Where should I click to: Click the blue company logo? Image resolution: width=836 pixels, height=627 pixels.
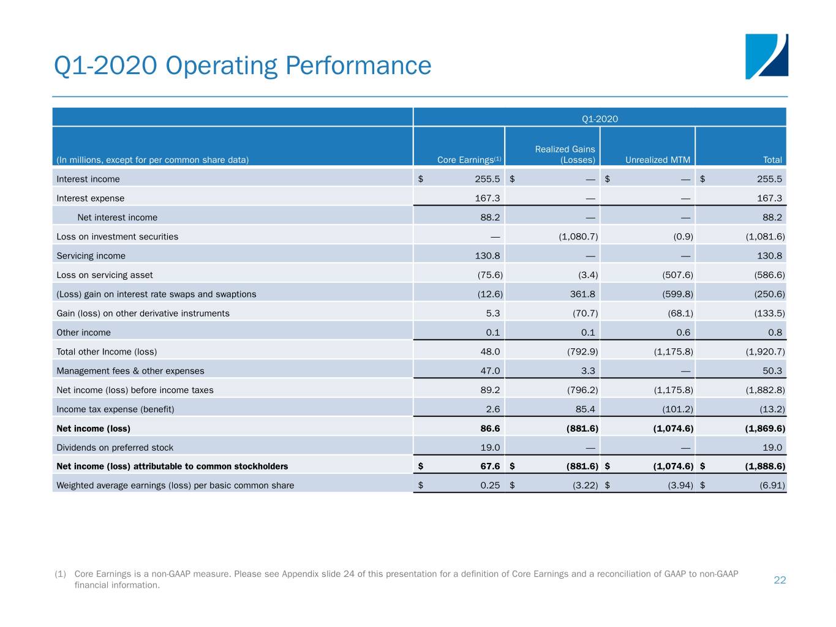(766, 56)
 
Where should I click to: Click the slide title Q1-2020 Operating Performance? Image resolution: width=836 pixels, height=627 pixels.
(243, 66)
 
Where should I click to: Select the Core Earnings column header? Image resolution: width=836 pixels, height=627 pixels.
(469, 160)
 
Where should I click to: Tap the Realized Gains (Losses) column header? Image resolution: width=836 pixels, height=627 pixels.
(565, 154)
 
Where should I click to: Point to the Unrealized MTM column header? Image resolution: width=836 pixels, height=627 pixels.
(657, 160)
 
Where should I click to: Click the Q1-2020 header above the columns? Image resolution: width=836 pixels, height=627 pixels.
(600, 119)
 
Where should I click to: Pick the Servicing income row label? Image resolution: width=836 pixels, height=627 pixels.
(91, 256)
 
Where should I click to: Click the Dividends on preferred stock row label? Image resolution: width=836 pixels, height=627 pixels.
(115, 448)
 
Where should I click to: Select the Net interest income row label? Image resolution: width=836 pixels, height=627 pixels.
(118, 217)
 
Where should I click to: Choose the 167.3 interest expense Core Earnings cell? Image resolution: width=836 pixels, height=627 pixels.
(487, 198)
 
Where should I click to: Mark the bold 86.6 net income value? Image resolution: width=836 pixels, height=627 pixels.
(490, 428)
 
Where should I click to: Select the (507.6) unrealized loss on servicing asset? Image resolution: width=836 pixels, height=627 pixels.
(677, 275)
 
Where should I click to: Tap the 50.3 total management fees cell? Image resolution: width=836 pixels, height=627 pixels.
(772, 371)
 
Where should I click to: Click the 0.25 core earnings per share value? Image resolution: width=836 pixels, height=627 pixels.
(490, 486)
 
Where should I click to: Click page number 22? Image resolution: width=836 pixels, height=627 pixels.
(780, 580)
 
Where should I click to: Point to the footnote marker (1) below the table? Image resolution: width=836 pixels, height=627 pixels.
(60, 574)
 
